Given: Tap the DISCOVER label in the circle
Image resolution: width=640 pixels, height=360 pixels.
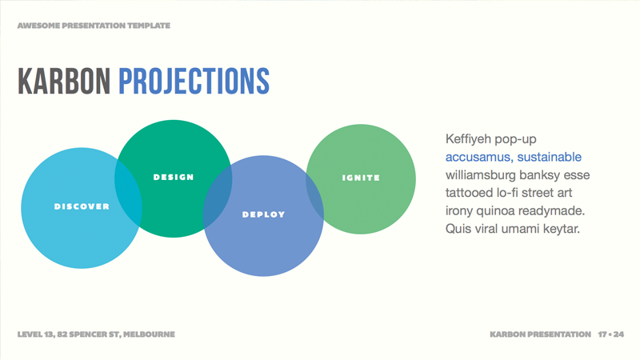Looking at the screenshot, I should pos(82,206).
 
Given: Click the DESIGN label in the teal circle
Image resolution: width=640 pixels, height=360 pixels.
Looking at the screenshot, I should pos(174,177).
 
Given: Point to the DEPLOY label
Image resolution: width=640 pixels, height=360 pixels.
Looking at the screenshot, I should pos(263,214).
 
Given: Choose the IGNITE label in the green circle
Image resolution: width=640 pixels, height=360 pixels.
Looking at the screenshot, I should pos(361,178).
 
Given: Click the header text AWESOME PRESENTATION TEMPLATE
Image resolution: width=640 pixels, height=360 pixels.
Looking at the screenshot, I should pos(94,26).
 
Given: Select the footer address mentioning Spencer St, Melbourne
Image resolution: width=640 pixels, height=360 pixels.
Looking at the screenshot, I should pos(95,333).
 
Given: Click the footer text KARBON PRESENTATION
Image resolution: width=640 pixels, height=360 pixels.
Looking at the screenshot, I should pos(540,333).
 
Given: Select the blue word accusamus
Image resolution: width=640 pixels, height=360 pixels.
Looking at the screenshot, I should pos(478,156).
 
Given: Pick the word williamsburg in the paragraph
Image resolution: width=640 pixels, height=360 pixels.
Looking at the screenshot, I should pos(482,174).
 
